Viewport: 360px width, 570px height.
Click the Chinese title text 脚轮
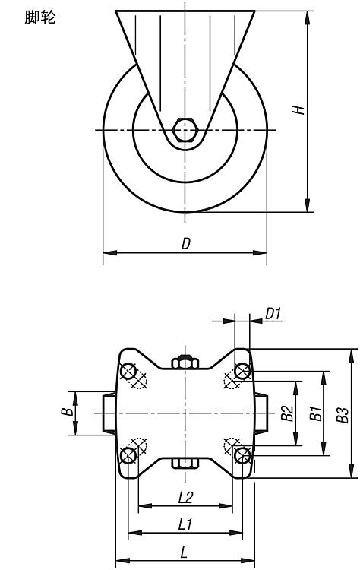click(40, 17)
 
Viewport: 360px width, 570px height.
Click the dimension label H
click(298, 109)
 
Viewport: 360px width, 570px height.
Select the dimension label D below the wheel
click(185, 243)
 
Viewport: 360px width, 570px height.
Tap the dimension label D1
click(273, 313)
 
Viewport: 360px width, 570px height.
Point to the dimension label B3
click(343, 415)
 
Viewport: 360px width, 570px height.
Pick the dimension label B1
click(316, 413)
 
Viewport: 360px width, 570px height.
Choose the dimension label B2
click(287, 413)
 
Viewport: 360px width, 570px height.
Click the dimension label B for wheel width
click(67, 411)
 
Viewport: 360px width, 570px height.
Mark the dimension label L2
click(185, 497)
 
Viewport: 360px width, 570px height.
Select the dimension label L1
click(185, 524)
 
